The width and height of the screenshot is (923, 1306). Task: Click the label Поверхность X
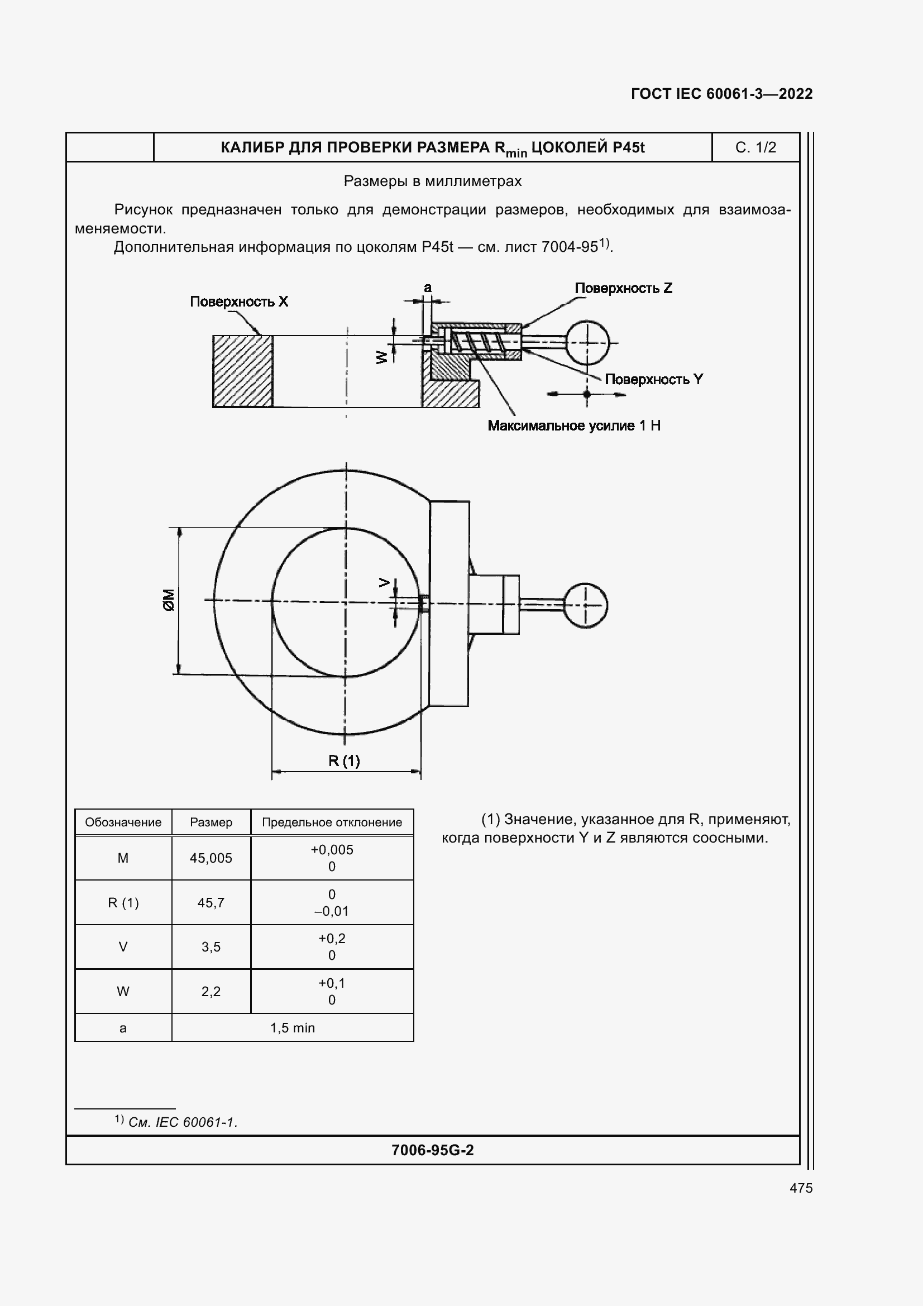(x=239, y=302)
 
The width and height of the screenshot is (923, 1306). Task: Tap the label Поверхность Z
(x=623, y=288)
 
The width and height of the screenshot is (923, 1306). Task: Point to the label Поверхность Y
(x=653, y=379)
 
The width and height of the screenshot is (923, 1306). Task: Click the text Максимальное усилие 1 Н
(x=574, y=425)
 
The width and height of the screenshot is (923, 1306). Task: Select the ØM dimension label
(x=169, y=600)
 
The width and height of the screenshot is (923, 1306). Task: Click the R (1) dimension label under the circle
(x=344, y=760)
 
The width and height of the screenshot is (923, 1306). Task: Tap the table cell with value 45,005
(x=211, y=858)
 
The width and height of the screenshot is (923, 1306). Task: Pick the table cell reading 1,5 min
(x=293, y=1028)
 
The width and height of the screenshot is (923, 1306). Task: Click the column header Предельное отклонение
(x=332, y=822)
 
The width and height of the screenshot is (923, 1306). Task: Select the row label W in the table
(x=123, y=992)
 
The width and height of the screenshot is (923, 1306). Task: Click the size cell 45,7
(x=211, y=903)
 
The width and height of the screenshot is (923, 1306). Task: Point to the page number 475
(x=801, y=1188)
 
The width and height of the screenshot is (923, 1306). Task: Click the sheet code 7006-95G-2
(x=432, y=1150)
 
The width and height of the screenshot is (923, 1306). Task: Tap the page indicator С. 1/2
(x=755, y=147)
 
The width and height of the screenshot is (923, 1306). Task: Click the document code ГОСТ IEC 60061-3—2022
(x=721, y=94)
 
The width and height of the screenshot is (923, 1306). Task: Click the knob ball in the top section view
(x=587, y=343)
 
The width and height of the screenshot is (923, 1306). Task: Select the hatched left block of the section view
(x=243, y=371)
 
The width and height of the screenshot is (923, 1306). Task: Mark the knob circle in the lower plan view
(x=585, y=605)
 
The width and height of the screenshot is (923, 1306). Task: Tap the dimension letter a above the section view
(x=428, y=288)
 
